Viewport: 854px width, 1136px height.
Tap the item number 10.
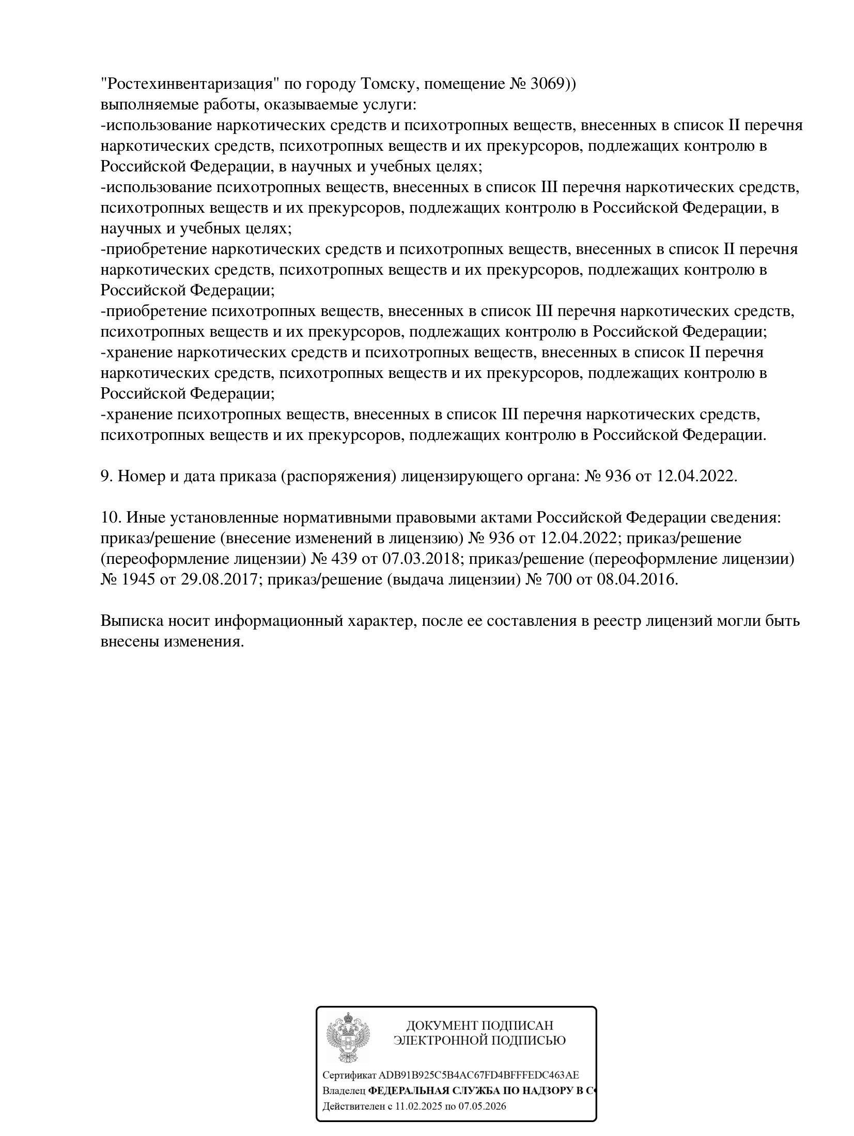pos(110,517)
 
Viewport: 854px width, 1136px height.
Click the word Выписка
pos(131,621)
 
